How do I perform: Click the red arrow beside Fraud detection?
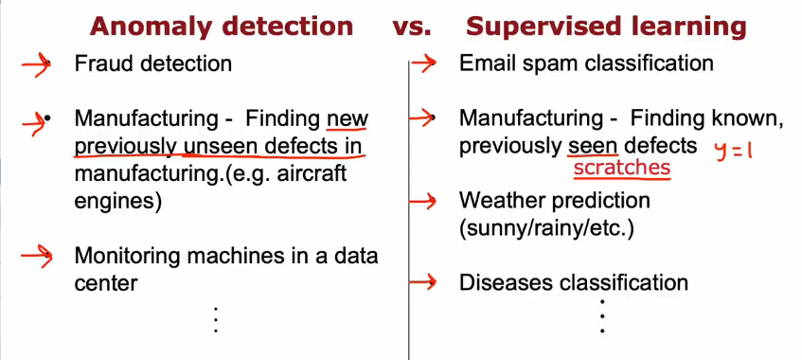(x=36, y=65)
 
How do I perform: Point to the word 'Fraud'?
(x=98, y=64)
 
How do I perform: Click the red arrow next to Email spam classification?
(x=423, y=63)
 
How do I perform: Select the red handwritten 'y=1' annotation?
(x=734, y=151)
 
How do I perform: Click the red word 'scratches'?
(x=621, y=168)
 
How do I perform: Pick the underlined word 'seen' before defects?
(x=593, y=147)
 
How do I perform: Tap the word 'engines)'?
(x=118, y=201)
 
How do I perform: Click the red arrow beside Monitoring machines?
(x=37, y=256)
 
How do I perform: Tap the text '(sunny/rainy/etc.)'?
(x=546, y=228)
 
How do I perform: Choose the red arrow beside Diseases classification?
(x=422, y=281)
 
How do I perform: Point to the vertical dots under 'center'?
(x=216, y=320)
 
